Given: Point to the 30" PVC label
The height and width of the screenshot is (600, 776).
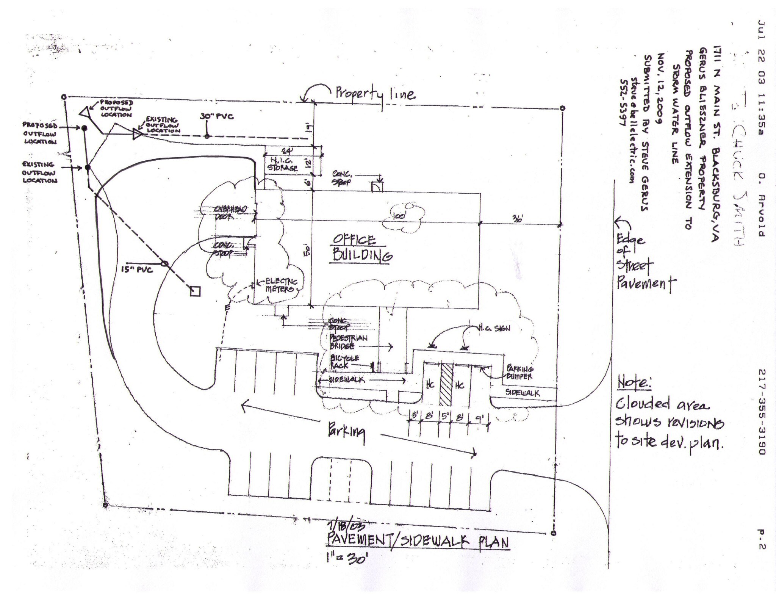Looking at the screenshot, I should [x=216, y=116].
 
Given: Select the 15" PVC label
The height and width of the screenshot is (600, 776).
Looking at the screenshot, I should [x=137, y=270].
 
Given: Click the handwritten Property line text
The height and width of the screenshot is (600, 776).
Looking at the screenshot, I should [x=374, y=93].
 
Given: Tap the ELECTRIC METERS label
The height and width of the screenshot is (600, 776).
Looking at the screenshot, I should [x=280, y=285].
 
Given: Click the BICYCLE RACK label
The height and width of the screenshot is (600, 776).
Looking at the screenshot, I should [x=345, y=361].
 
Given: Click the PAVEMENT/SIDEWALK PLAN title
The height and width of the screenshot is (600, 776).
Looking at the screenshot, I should [x=417, y=542].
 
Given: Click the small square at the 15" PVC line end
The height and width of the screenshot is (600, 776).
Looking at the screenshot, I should [x=195, y=291].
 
